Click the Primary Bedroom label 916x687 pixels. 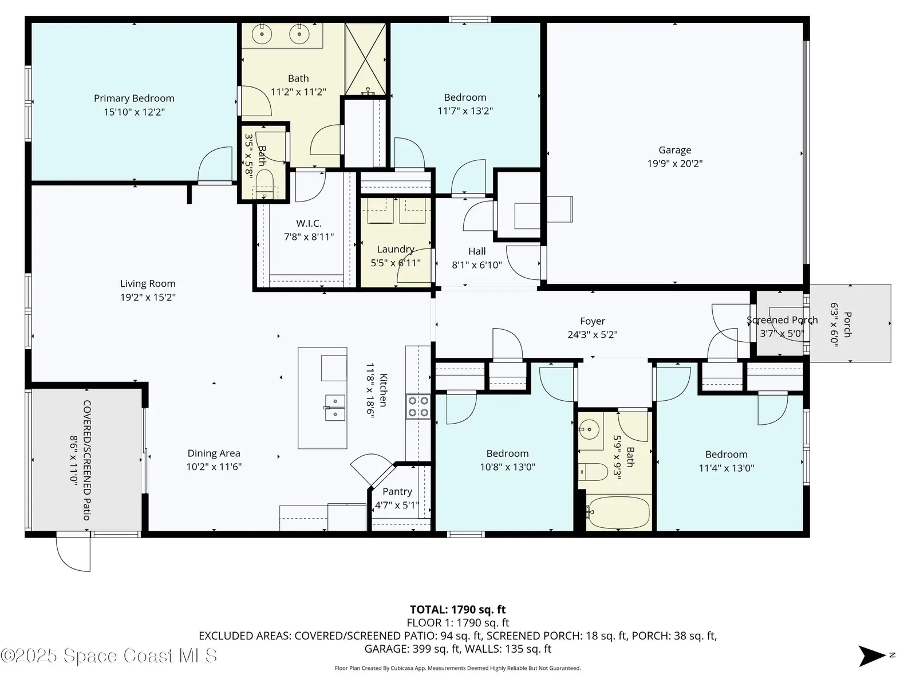pos(134,98)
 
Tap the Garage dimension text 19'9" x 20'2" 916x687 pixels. pos(675,164)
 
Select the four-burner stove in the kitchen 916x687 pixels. pos(418,406)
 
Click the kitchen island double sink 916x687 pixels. pos(335,408)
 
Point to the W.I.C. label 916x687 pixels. pos(309,223)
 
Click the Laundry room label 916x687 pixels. pos(396,249)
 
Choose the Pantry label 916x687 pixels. pos(397,491)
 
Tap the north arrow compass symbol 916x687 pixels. pos(872,656)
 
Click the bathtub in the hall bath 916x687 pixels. pos(618,512)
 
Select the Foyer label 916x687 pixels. pos(593,321)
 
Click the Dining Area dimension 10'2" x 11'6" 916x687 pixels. pos(214,467)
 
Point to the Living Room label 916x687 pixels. pos(148,283)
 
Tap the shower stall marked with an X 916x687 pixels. pos(366,59)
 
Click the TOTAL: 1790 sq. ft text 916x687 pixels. pos(458,610)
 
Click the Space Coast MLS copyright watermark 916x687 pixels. pos(109,656)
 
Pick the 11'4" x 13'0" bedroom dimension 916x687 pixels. pos(727,468)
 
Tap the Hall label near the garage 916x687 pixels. pos(477,251)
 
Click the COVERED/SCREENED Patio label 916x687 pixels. pos(87,460)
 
